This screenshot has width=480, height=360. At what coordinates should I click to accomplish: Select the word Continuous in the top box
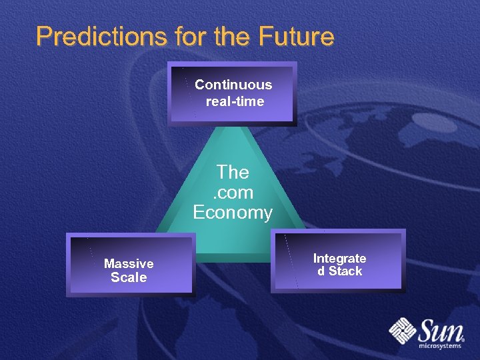[x=233, y=85]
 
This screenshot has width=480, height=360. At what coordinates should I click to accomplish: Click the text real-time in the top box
[x=235, y=101]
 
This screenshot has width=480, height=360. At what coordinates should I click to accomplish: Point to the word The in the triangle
[x=233, y=172]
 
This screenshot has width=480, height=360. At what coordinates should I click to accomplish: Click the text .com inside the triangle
[x=233, y=193]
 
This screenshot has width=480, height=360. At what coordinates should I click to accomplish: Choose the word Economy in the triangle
[x=233, y=213]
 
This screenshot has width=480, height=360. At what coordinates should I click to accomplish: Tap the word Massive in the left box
[x=129, y=263]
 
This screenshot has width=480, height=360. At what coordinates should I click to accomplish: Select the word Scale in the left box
[x=129, y=277]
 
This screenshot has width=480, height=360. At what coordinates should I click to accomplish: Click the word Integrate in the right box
[x=339, y=258]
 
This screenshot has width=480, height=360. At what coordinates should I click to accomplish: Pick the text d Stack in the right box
[x=339, y=271]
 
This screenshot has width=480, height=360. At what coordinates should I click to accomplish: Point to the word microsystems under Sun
[x=440, y=346]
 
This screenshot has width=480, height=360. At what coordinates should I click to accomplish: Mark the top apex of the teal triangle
[x=233, y=127]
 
